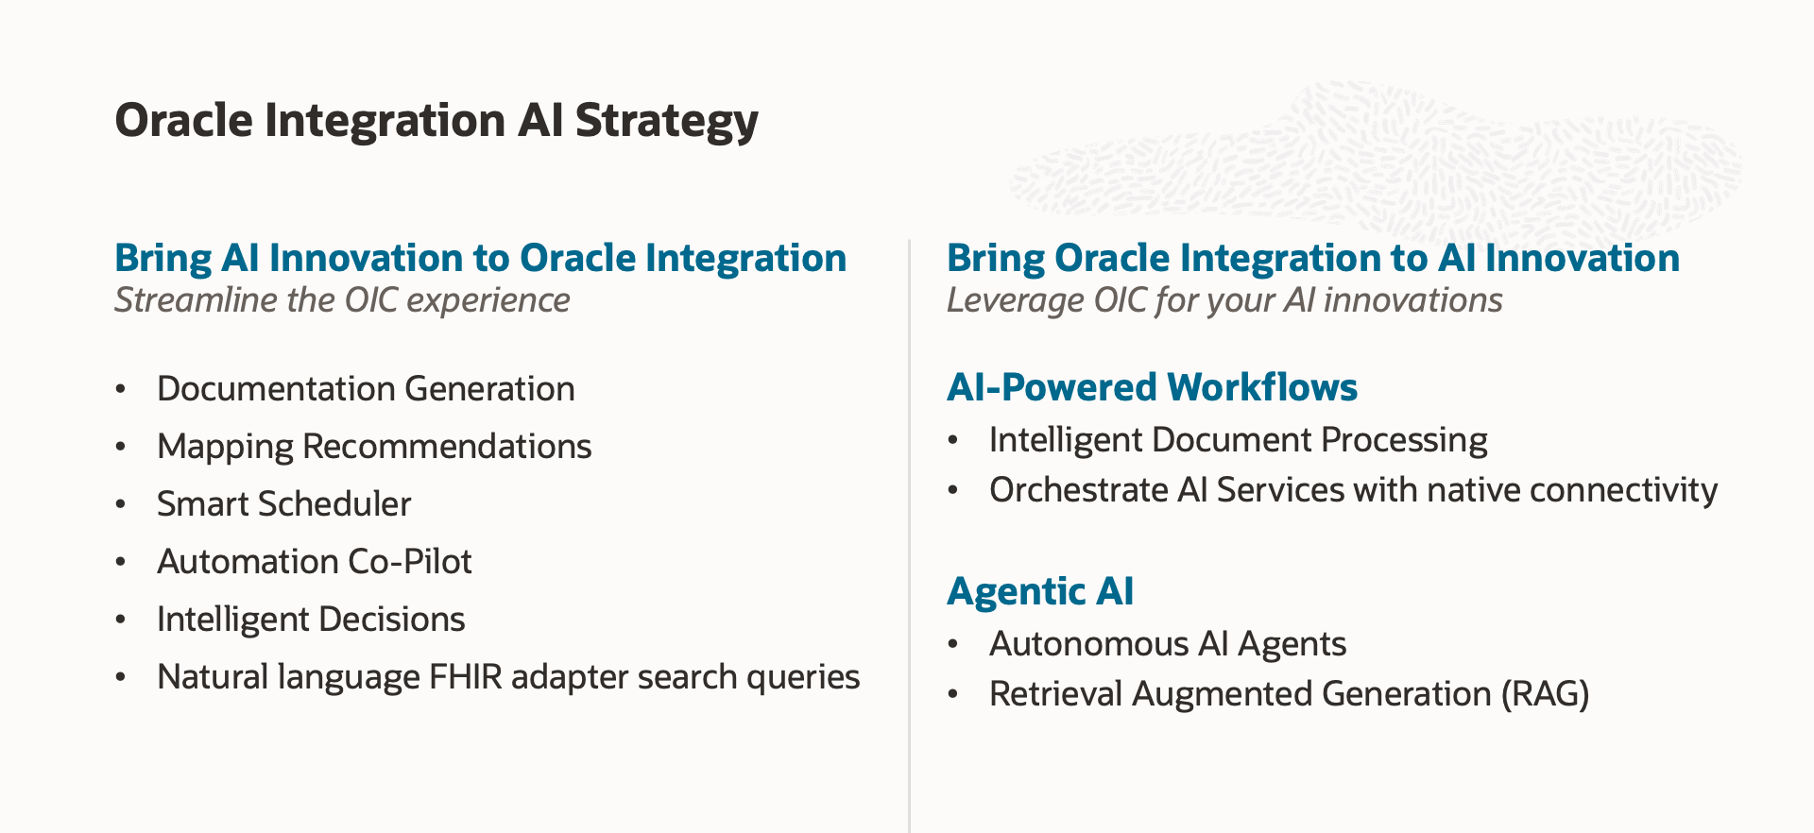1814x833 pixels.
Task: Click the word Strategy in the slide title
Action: point(666,122)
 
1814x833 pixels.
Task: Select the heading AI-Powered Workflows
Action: point(1152,387)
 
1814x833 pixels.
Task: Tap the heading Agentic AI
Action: point(1040,591)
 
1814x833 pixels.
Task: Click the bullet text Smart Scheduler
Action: point(283,504)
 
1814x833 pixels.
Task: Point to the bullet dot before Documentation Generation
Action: point(120,389)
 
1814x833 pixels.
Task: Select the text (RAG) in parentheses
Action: point(1545,694)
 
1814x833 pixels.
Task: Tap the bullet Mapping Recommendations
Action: point(374,447)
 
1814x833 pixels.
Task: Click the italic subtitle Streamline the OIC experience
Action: point(342,300)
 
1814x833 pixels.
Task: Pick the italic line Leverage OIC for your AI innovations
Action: point(1224,300)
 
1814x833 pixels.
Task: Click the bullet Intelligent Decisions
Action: point(311,620)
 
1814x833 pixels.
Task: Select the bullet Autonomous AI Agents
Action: point(1167,644)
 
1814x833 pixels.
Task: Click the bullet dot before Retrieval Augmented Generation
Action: point(953,694)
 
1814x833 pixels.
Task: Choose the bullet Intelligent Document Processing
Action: point(1238,440)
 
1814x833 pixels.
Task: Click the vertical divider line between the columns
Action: point(909,529)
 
